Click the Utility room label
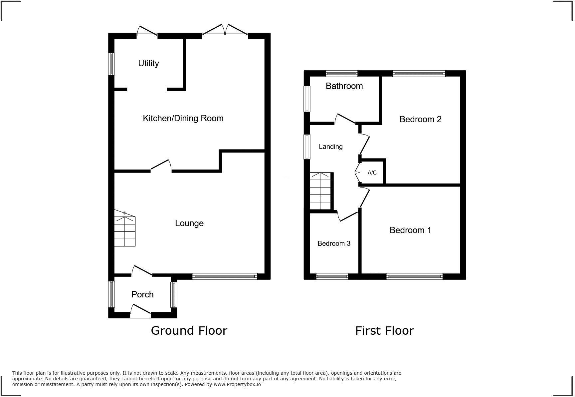point(148,63)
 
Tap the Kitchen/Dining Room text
point(183,118)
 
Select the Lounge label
point(189,223)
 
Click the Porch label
point(142,294)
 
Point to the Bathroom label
point(344,86)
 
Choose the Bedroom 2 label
point(420,119)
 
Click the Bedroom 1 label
point(410,230)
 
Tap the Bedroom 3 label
point(334,243)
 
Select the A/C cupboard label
point(372,173)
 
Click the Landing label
point(330,147)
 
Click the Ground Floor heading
point(189,330)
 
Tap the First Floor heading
point(384,331)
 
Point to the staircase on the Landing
point(320,192)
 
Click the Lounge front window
point(225,276)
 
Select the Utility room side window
point(112,64)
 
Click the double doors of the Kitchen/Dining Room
point(225,31)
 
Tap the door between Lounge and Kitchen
point(161,166)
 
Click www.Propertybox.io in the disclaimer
point(237,384)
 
